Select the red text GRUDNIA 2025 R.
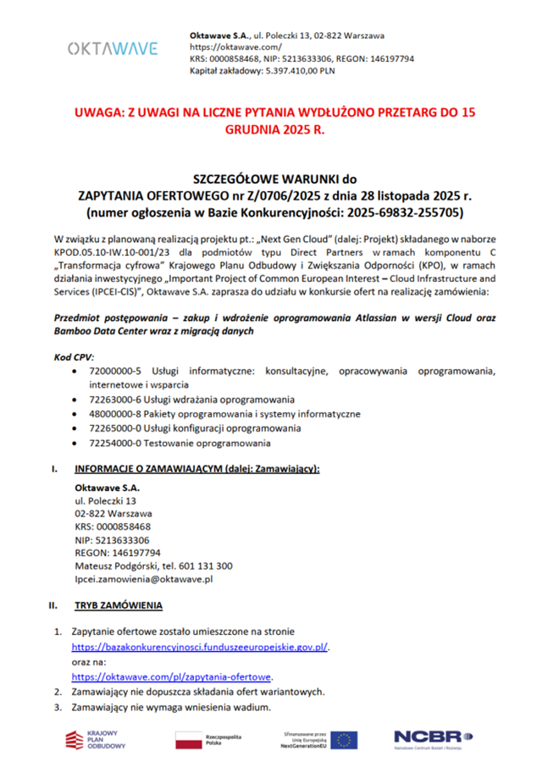tap(274, 132)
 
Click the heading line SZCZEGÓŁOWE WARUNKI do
tap(274, 179)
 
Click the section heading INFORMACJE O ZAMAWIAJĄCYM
tap(197, 469)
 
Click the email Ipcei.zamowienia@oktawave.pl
tap(143, 580)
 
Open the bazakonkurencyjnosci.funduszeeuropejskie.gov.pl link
tap(199, 647)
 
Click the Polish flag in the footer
tap(187, 740)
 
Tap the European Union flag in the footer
tap(344, 740)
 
